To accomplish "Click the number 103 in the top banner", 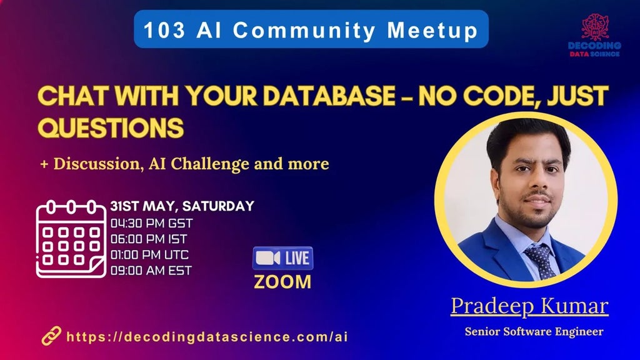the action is [x=164, y=30].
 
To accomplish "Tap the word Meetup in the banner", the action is [x=432, y=31].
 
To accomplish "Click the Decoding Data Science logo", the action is [x=595, y=36].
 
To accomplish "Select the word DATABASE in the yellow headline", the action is [x=329, y=96].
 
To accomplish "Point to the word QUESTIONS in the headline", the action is [x=111, y=127].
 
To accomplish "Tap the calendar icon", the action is [x=71, y=239].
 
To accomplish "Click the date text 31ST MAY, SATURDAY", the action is [x=182, y=206].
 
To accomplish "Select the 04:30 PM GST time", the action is [x=151, y=223].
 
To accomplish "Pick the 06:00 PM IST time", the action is [x=149, y=239].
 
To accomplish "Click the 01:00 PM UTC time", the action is [x=149, y=255].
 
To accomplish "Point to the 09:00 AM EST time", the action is [x=151, y=270].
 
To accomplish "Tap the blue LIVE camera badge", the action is [x=283, y=258].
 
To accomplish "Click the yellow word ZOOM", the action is [x=282, y=282].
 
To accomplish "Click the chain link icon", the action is [x=51, y=336].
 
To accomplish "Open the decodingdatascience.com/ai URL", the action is [x=207, y=337].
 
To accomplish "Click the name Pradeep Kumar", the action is [x=529, y=306].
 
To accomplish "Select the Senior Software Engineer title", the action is [x=534, y=331].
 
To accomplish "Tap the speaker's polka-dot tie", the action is [x=540, y=261].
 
